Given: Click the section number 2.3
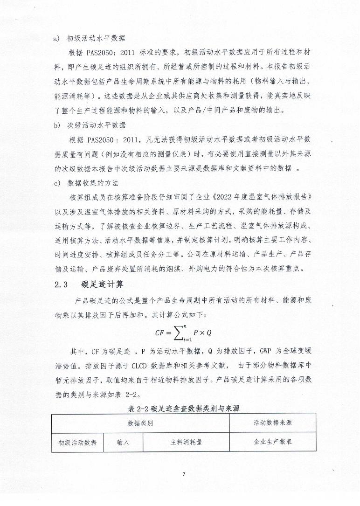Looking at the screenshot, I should (x=62, y=284).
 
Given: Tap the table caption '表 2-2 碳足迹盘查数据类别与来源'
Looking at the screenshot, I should (x=183, y=408).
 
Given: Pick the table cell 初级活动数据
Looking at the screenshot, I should (x=77, y=442).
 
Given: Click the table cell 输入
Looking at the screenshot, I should (x=123, y=442).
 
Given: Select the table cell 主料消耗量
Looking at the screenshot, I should (x=186, y=442).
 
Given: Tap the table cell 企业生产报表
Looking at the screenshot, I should (x=273, y=442).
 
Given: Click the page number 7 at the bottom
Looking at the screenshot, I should (x=184, y=474).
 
